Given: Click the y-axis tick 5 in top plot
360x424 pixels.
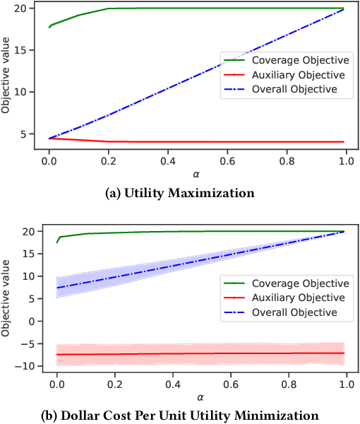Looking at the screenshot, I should [23, 134].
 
